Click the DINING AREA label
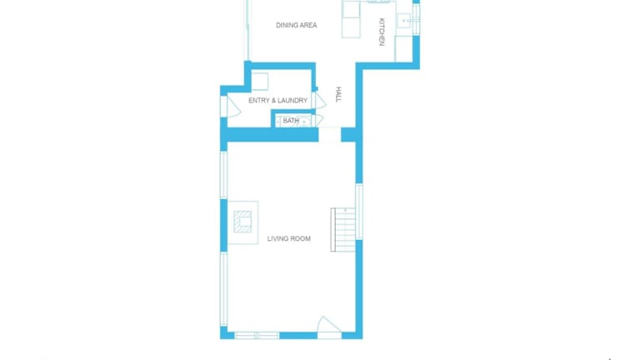[297, 25]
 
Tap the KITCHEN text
[382, 32]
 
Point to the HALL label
[338, 94]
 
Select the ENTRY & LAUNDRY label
[278, 100]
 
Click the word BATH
[291, 121]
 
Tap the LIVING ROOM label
[289, 239]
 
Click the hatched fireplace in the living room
[242, 222]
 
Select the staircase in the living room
[342, 230]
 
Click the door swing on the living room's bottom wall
[329, 325]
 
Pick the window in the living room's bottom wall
[257, 336]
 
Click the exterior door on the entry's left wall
[230, 107]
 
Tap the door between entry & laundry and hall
[318, 100]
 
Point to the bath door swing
[317, 120]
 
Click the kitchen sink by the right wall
[404, 20]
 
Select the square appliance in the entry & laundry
[260, 82]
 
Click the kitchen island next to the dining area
[351, 19]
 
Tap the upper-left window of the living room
[223, 175]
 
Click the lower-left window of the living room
[223, 289]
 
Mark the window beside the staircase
[359, 212]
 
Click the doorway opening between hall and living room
[330, 135]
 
